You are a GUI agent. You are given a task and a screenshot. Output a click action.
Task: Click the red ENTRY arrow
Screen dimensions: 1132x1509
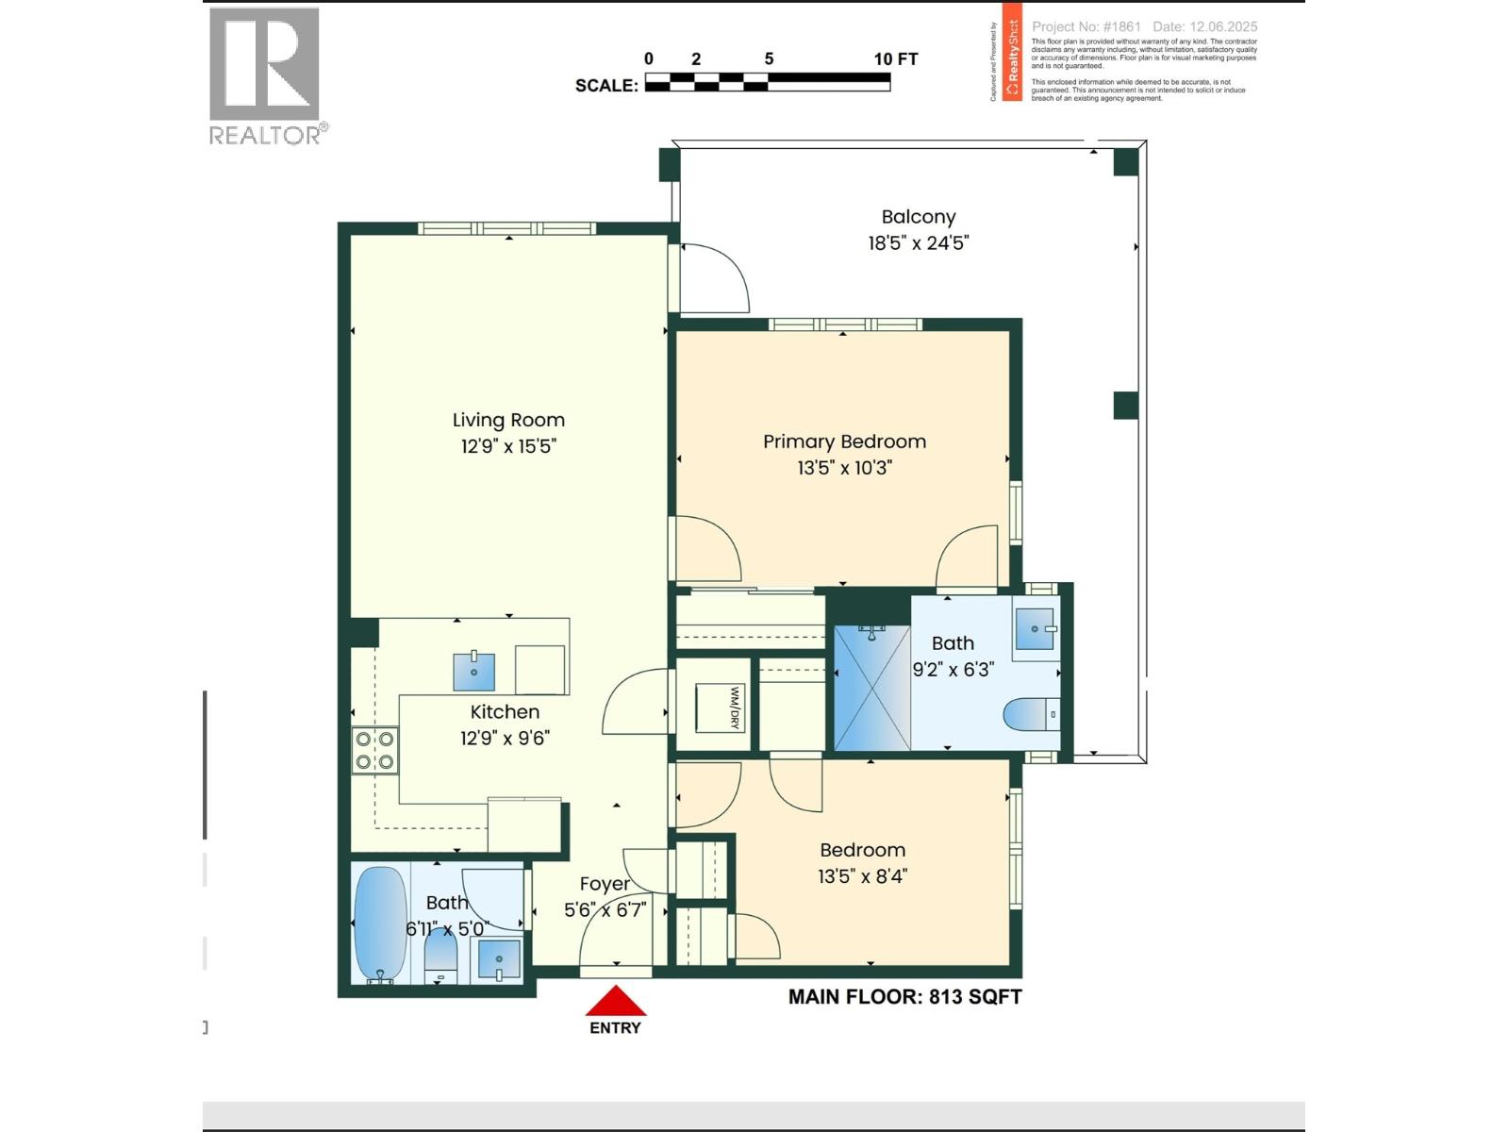[x=615, y=1002]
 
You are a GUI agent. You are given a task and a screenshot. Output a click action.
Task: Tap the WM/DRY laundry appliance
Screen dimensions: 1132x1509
[x=720, y=707]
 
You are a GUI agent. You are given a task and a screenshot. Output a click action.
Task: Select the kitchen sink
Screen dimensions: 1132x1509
[x=473, y=671]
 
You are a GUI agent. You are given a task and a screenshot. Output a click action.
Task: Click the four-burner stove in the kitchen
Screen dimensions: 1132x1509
[x=374, y=751]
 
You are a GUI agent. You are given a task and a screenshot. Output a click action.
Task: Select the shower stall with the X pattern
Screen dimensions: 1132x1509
[x=871, y=688]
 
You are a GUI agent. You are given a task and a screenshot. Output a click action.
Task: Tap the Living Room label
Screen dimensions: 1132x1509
[x=508, y=421]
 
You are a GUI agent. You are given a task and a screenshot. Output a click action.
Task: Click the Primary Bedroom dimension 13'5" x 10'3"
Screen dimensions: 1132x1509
[x=844, y=467]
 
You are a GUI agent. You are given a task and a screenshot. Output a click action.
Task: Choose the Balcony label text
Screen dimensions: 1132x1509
[x=918, y=217]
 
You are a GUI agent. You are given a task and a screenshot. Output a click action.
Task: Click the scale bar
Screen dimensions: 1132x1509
[x=767, y=83]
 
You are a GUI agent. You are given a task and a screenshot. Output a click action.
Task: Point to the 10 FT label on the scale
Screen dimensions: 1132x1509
[x=895, y=58]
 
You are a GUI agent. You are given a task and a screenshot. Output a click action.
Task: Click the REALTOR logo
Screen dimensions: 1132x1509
[x=265, y=75]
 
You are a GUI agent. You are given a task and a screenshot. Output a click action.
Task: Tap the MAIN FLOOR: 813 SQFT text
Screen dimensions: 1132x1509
[x=904, y=997]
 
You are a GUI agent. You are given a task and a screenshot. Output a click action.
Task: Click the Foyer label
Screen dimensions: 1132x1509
[x=605, y=884]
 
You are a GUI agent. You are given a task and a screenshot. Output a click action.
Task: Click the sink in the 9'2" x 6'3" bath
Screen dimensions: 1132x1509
[x=1035, y=628]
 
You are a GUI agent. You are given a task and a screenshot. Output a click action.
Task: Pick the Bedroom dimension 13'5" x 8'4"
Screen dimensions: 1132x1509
[x=862, y=876]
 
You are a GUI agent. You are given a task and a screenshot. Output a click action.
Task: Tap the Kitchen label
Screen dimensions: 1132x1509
[x=505, y=712]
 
